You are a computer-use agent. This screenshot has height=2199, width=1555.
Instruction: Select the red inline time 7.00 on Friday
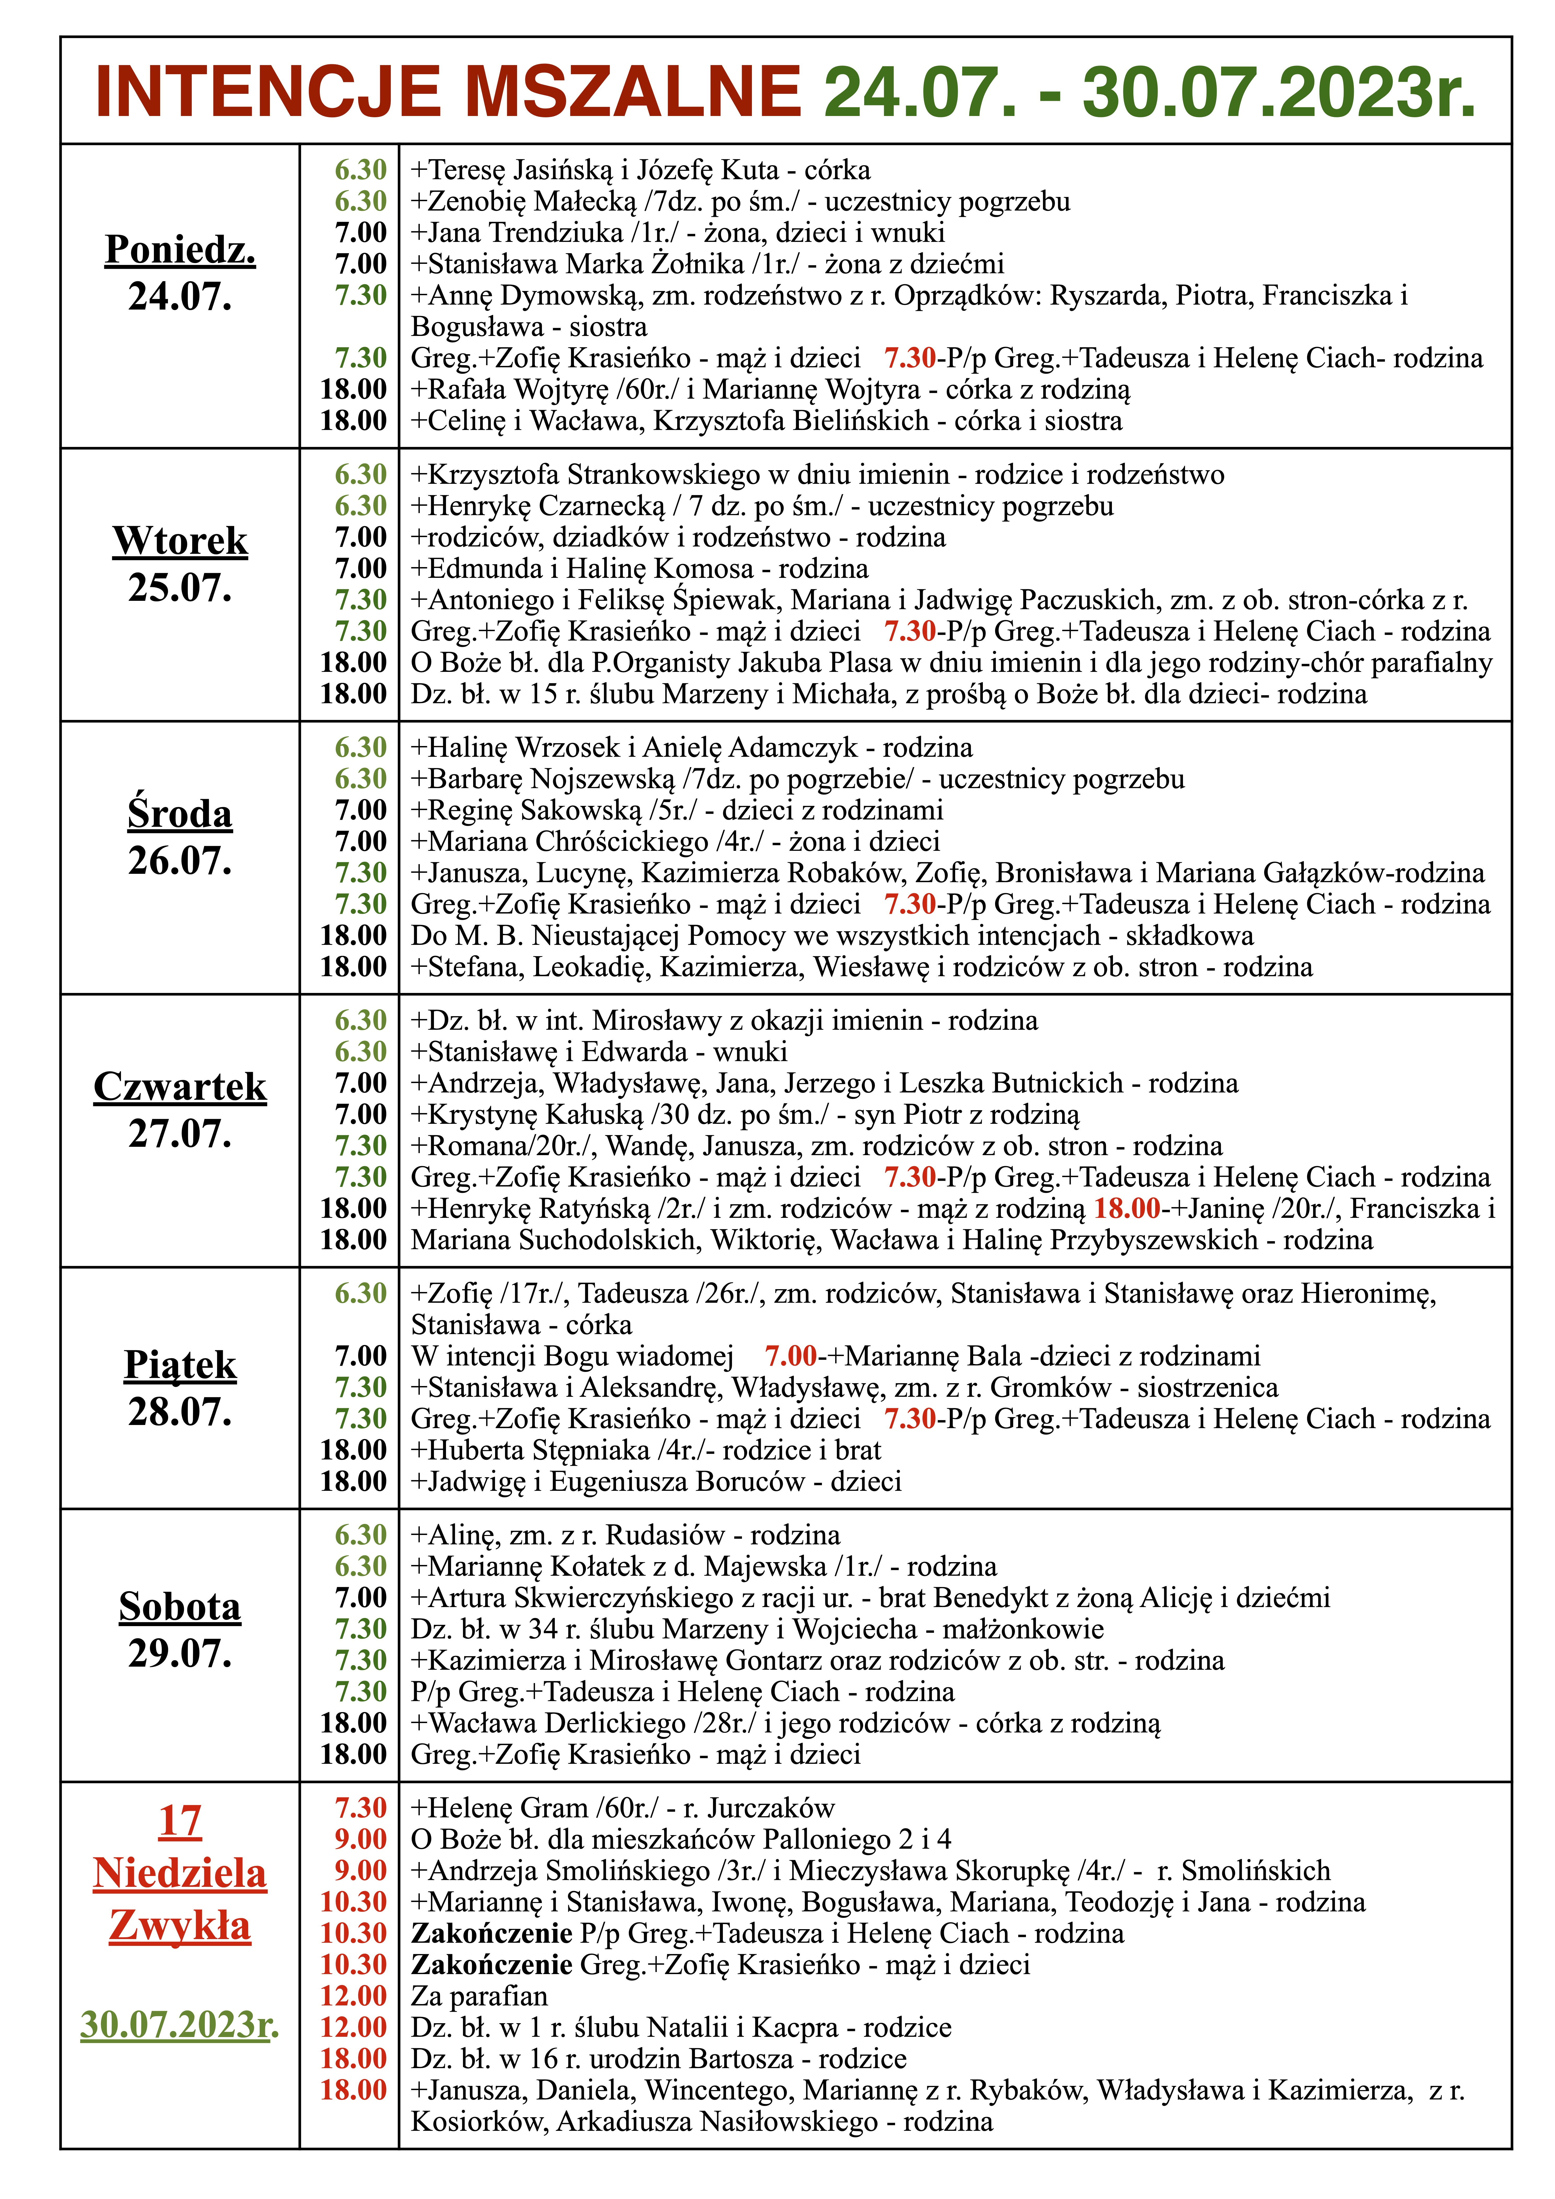tap(791, 1356)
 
